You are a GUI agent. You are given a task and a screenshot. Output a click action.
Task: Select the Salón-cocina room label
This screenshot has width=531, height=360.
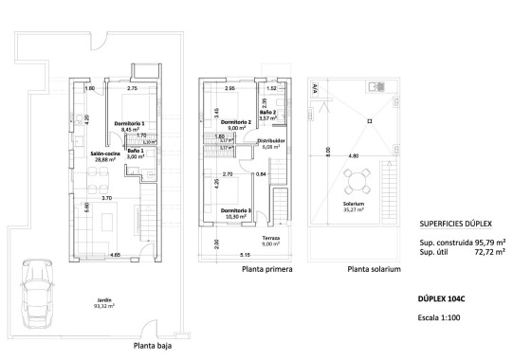point(104,157)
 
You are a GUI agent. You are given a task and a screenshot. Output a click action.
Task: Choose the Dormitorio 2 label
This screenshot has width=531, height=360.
point(235,125)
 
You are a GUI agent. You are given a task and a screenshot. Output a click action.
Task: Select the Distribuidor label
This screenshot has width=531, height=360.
point(272,143)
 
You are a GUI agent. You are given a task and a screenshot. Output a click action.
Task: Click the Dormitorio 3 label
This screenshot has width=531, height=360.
point(235,213)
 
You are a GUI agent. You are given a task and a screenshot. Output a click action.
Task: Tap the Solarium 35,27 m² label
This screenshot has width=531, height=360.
point(355,207)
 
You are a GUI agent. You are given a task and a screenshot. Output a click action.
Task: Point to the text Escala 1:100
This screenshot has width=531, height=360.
point(441,317)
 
